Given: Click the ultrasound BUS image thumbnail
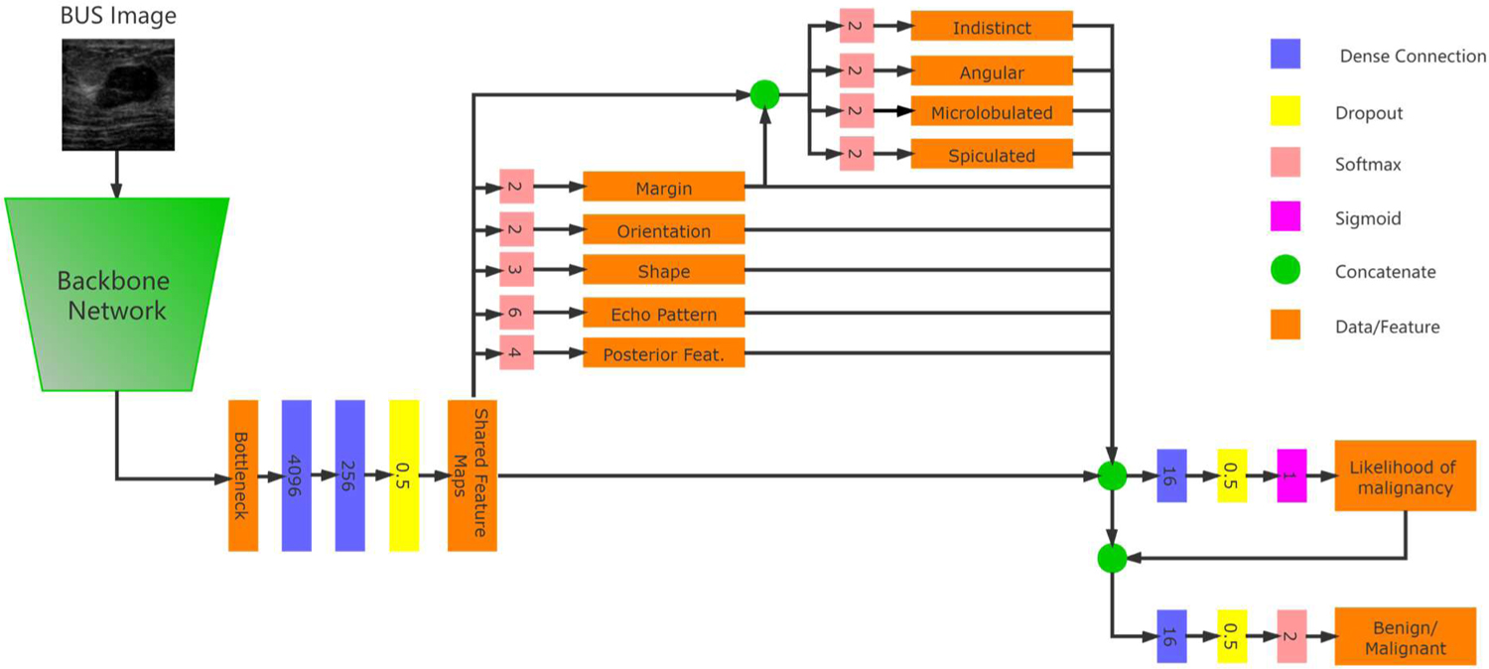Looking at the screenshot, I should (x=118, y=94).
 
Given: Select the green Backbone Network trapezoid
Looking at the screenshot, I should (x=117, y=294).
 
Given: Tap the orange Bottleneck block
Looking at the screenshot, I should (x=243, y=475).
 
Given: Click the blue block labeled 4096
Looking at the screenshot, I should (x=297, y=475).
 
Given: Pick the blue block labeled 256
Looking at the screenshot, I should (x=350, y=475).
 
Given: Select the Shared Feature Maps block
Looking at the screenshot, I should (x=472, y=475).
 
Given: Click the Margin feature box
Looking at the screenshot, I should (x=663, y=187).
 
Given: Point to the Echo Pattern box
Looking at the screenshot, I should (x=663, y=314).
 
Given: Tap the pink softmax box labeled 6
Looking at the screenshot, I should (x=516, y=313).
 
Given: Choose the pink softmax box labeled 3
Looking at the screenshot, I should (x=516, y=270).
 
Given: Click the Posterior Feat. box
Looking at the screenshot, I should (x=663, y=353).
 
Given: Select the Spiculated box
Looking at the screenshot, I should (x=992, y=155).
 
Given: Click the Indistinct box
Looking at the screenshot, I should (x=992, y=27).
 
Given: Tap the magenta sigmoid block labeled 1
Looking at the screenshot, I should (x=1291, y=475).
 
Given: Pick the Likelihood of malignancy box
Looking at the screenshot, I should (x=1405, y=475).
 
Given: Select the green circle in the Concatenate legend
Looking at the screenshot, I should (x=1286, y=271).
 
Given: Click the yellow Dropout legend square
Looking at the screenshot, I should (x=1286, y=112).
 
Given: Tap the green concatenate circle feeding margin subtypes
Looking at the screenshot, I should (x=763, y=95).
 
